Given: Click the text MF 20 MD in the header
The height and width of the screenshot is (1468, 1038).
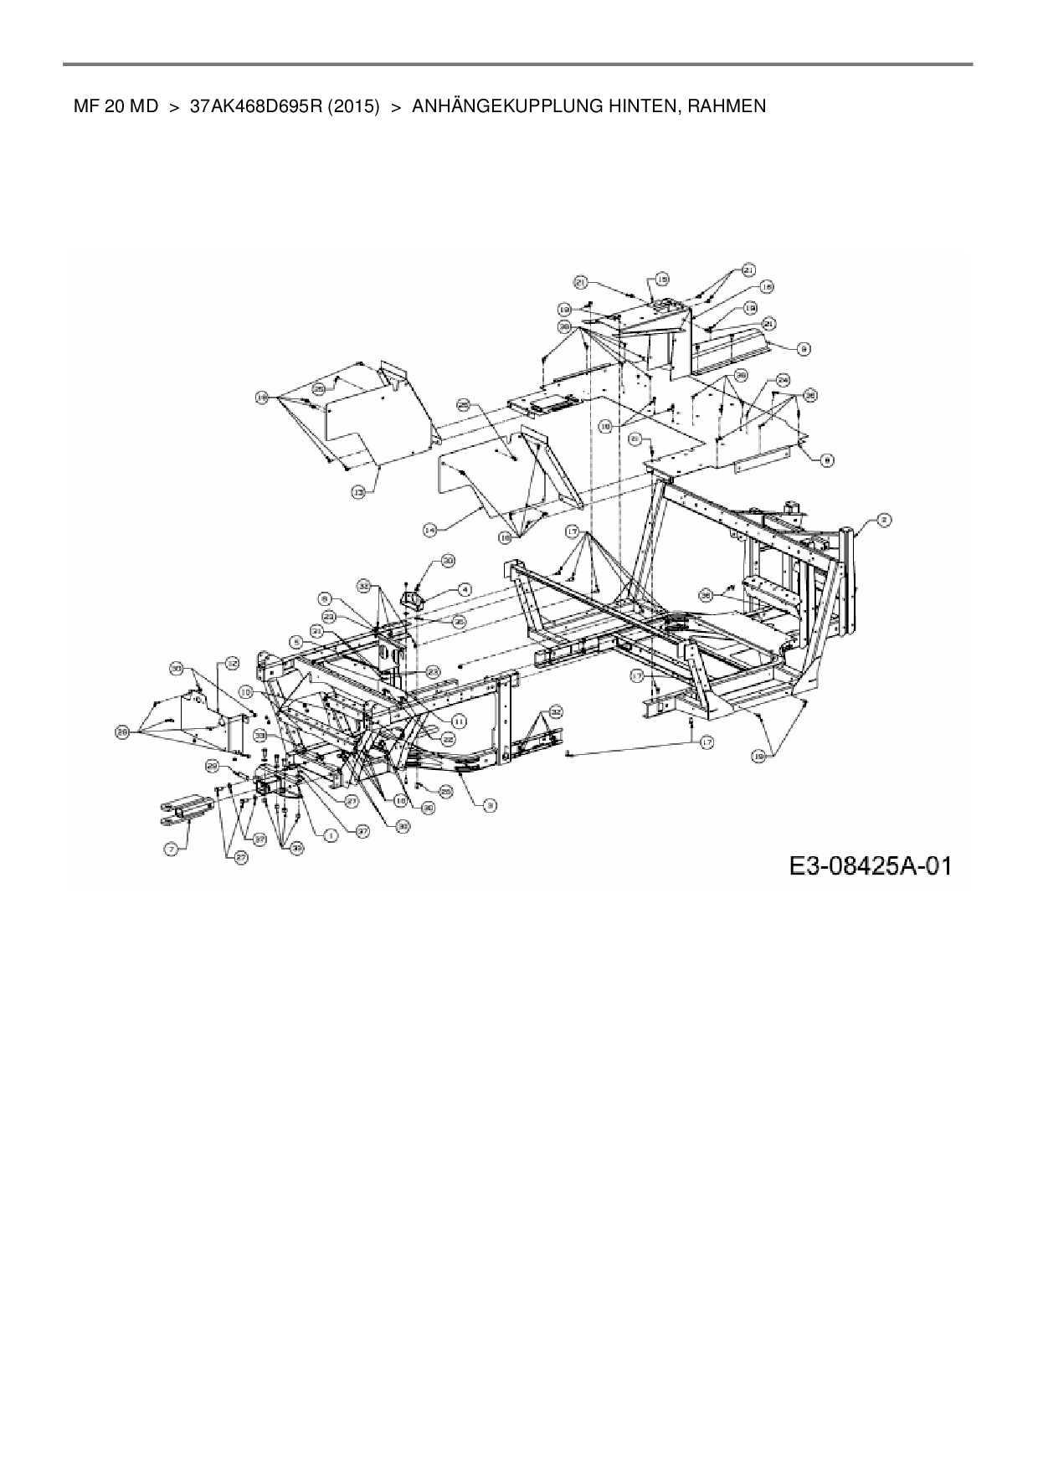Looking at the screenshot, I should point(116,107).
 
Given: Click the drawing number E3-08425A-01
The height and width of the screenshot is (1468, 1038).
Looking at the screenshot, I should point(870,865).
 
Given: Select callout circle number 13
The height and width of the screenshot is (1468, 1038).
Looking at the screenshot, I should point(358,495).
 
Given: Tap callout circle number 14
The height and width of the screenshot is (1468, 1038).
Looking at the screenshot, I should point(430,530).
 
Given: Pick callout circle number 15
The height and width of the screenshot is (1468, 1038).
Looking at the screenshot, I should point(661,280).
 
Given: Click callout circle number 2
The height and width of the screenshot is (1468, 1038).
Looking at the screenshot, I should point(884,520).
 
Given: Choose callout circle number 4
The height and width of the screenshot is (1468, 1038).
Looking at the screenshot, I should point(463,590).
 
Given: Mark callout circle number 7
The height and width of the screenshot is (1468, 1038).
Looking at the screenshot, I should point(172,849).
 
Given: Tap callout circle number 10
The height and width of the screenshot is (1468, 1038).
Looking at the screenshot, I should point(245,692).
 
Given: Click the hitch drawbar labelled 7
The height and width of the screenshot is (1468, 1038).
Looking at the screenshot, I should point(186,808).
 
